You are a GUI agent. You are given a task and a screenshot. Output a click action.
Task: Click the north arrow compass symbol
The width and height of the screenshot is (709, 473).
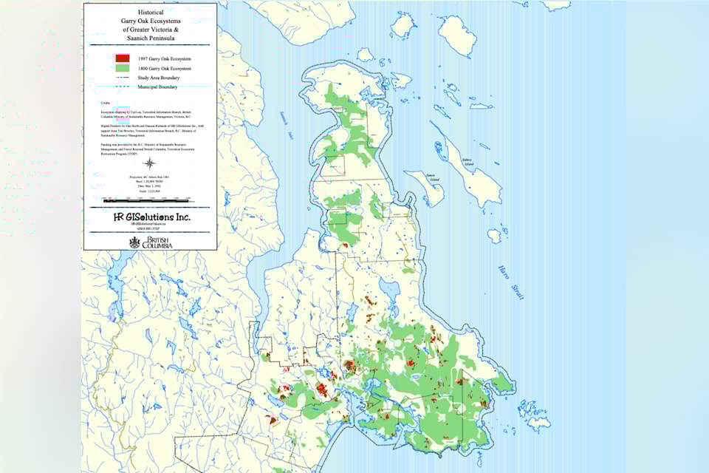pos(150,164)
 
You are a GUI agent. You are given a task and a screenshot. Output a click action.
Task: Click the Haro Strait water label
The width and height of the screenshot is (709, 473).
pos(509,282)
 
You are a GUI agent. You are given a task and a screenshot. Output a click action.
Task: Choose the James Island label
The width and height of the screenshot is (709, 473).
pos(431,176)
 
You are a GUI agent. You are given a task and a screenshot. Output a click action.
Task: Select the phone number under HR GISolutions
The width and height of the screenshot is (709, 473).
pos(150,228)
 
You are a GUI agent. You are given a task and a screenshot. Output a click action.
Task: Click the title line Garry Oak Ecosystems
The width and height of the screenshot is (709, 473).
pos(151,21)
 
